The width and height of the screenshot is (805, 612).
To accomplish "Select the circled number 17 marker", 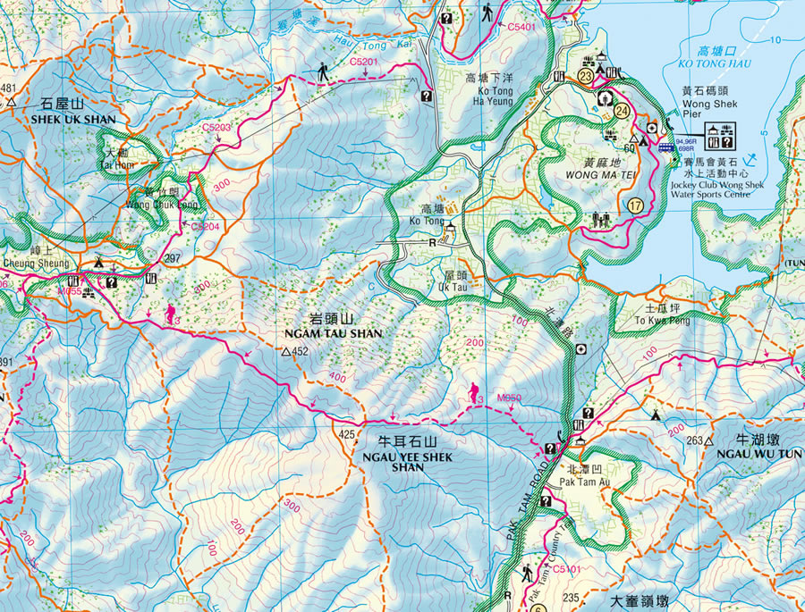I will click(x=637, y=205).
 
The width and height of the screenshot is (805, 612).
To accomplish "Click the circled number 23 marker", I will click(x=585, y=78).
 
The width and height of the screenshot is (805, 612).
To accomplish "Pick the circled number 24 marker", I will click(x=622, y=111).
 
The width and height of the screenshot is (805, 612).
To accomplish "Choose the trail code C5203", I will click(x=216, y=128).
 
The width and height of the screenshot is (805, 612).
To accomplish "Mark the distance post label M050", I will click(x=509, y=397).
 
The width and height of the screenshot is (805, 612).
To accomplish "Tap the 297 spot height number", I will click(x=173, y=258).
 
